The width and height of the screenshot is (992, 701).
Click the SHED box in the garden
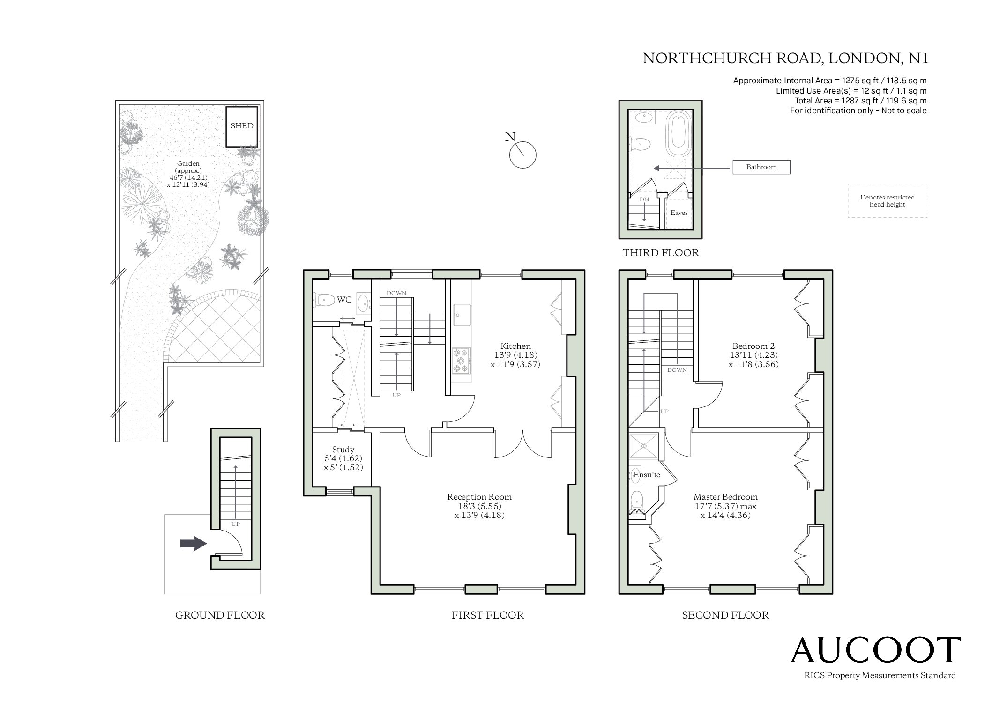(x=242, y=126)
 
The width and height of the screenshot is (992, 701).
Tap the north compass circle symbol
(x=522, y=155)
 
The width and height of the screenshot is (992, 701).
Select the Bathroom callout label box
(x=761, y=167)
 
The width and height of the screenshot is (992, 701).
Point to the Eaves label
(x=679, y=213)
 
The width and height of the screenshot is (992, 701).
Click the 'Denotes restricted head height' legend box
(x=887, y=200)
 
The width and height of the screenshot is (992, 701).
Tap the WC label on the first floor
(x=344, y=300)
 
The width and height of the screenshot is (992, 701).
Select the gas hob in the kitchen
(x=462, y=361)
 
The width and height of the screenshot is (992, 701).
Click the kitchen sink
(x=461, y=314)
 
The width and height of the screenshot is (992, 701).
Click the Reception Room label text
(x=479, y=497)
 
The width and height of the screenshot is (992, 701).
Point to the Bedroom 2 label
(x=753, y=347)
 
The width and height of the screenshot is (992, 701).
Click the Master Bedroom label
(x=725, y=497)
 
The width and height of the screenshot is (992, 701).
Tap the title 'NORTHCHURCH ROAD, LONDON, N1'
(x=785, y=58)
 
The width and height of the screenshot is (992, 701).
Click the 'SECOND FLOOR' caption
(x=725, y=615)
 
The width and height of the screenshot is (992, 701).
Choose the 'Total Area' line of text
(x=861, y=101)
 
